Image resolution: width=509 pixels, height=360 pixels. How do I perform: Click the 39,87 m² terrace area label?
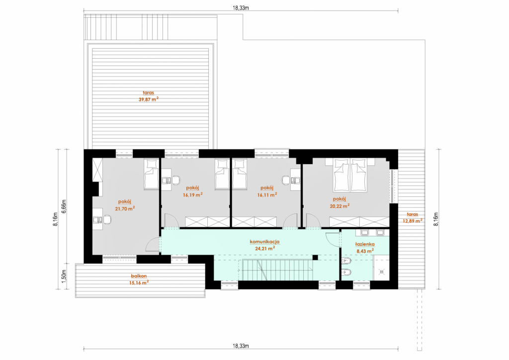click(148, 99)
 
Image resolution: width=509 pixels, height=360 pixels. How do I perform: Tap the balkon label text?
click(139, 276)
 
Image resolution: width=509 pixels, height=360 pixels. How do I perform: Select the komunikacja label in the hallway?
click(264, 242)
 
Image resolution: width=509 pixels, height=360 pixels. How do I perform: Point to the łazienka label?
click(365, 244)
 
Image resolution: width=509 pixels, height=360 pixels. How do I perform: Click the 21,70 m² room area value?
click(125, 208)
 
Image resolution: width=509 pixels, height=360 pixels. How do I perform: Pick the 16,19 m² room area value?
click(193, 195)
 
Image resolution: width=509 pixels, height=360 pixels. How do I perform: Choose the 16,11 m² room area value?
click(267, 195)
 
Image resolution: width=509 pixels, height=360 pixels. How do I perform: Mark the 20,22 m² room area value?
click(339, 206)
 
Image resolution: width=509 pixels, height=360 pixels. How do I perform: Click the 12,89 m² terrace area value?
click(413, 221)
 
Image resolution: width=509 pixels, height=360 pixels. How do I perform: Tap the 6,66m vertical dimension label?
click(64, 206)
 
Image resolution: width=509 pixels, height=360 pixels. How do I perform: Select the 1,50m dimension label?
click(64, 276)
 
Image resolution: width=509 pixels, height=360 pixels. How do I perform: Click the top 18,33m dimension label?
click(241, 8)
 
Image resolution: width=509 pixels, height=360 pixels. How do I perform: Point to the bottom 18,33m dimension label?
click(241, 346)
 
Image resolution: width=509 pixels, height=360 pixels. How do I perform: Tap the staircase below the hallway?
click(277, 270)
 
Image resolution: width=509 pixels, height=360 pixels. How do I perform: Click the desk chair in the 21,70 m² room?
click(107, 220)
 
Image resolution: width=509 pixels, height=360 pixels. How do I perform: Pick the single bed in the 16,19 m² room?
click(222, 174)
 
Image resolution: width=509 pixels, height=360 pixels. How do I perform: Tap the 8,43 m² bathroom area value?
click(365, 251)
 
